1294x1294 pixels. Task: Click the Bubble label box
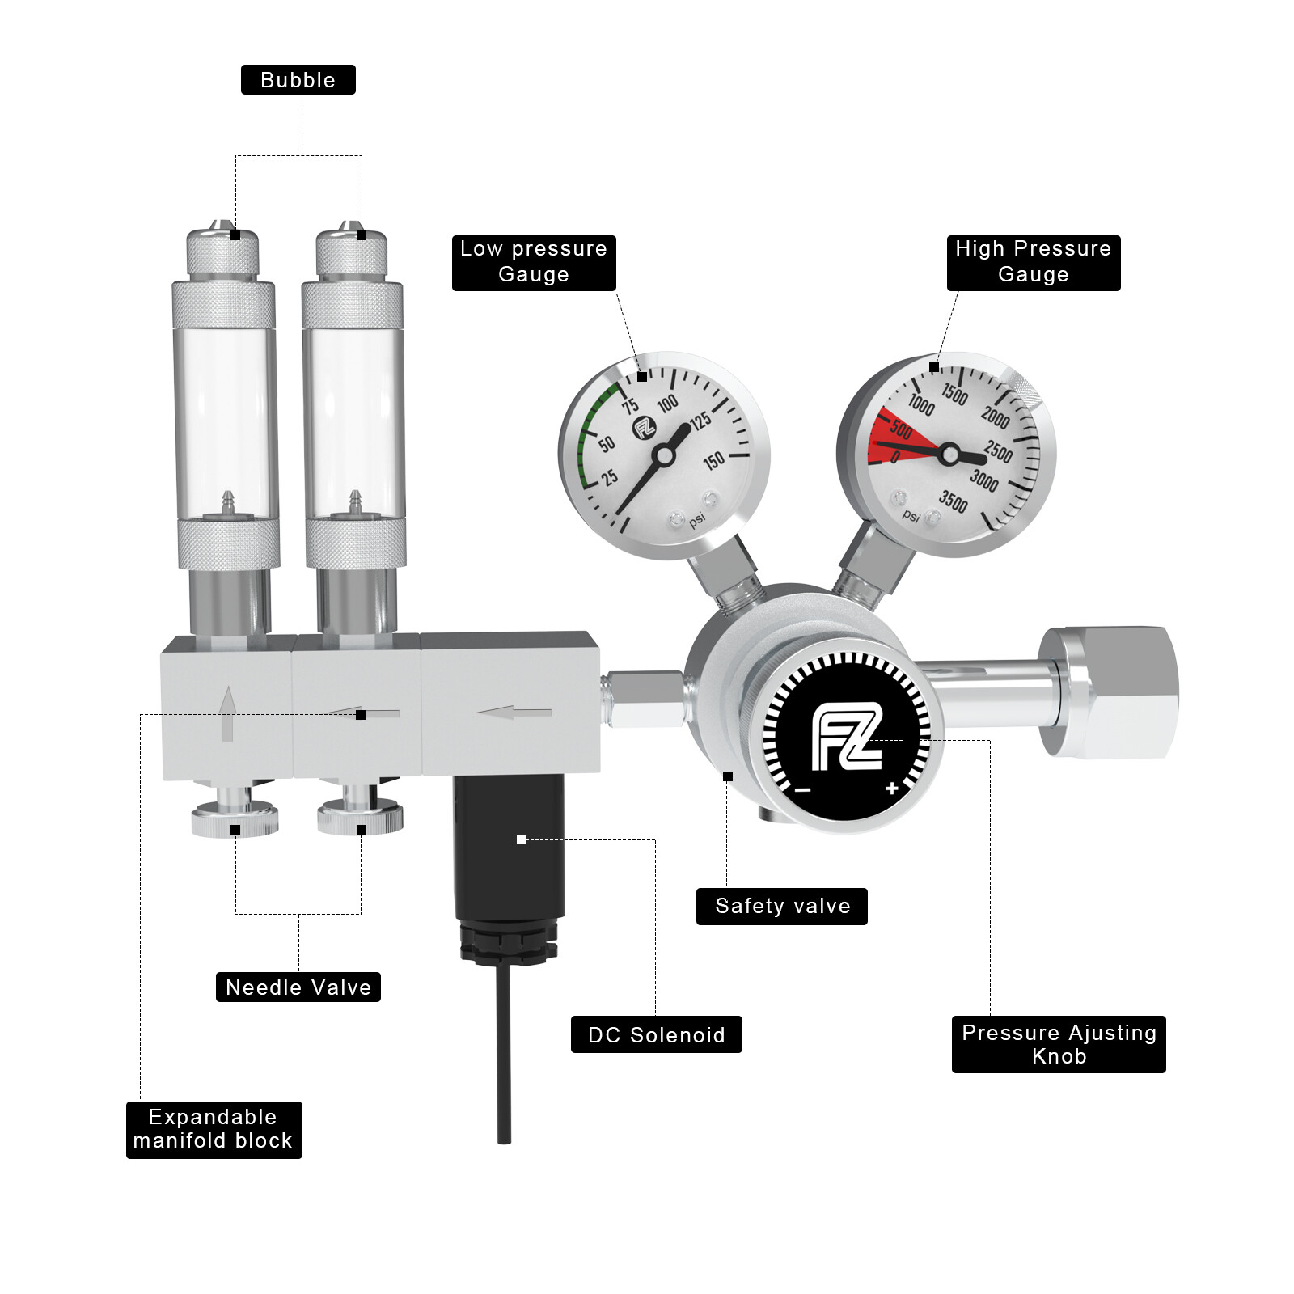[298, 80]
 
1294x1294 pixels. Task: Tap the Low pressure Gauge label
[534, 262]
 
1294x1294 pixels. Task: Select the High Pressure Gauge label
[1033, 262]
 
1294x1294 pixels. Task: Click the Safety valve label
[781, 906]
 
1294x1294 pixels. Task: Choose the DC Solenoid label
[656, 1034]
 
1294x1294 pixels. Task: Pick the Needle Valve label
[298, 987]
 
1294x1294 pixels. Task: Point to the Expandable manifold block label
[214, 1129]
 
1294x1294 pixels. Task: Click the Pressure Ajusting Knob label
[1058, 1044]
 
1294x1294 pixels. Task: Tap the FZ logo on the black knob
[846, 737]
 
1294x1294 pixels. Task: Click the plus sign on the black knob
[891, 788]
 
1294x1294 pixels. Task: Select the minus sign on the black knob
[802, 789]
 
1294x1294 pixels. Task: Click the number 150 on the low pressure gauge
[713, 461]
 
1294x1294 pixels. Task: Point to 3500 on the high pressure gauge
[953, 501]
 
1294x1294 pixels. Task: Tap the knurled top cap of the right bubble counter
[351, 253]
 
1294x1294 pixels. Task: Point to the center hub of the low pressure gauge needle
[664, 456]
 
